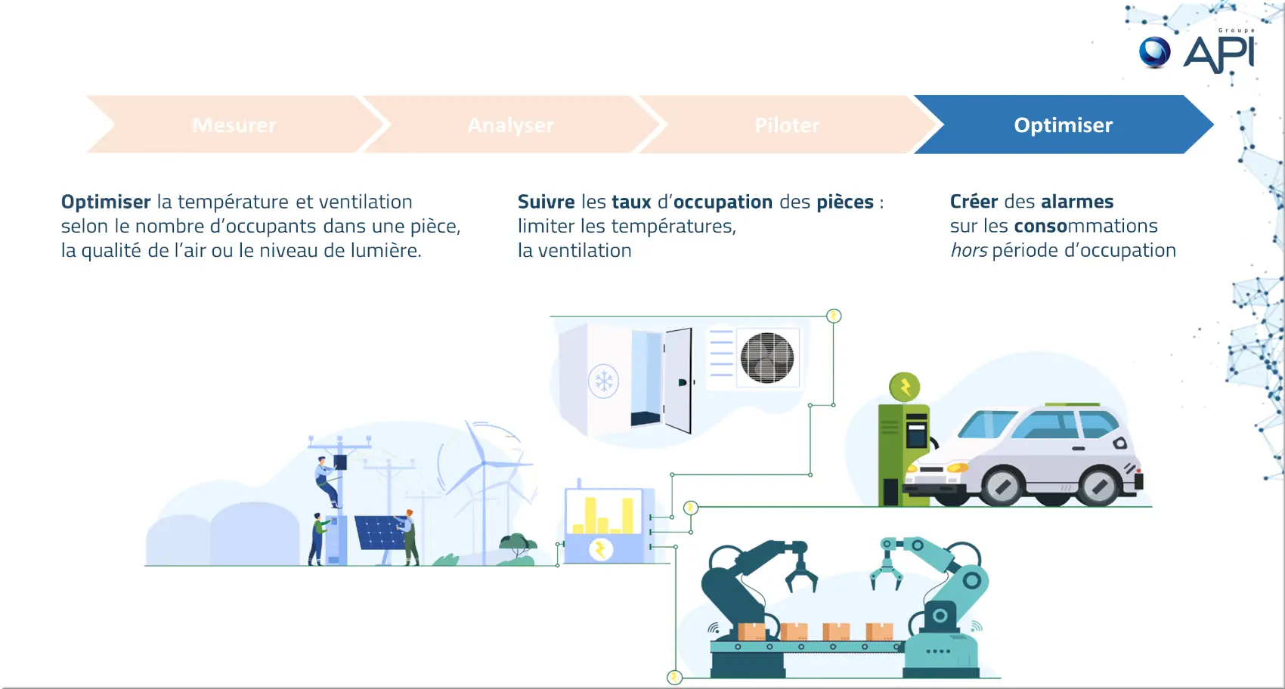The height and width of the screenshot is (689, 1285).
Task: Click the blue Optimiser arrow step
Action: [x=1063, y=125]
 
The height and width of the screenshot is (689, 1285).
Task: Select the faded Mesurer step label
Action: [x=234, y=125]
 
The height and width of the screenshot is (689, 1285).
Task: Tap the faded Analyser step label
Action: [x=511, y=125]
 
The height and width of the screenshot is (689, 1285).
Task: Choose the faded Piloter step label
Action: [x=787, y=125]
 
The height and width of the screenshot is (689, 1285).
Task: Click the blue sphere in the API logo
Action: [x=1154, y=52]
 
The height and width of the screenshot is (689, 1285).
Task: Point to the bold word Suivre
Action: [x=546, y=202]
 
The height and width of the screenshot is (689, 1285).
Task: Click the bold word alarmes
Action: [x=1077, y=202]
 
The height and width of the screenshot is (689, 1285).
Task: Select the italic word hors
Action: [x=969, y=250]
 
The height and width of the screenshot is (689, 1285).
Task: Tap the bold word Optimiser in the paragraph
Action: [x=106, y=202]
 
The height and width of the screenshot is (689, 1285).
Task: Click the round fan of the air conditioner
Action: [x=767, y=358]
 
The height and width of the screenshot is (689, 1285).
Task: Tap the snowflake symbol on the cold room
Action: [x=604, y=382]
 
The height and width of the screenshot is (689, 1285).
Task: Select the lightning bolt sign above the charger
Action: [x=905, y=388]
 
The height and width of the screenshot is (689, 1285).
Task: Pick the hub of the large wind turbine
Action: [x=485, y=462]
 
